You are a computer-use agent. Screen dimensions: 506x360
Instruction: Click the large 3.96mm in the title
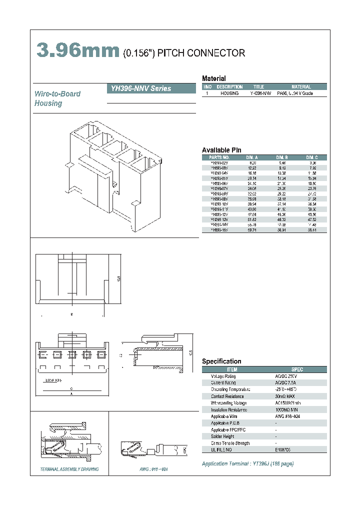(x=77, y=51)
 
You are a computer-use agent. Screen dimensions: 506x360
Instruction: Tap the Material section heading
(x=213, y=78)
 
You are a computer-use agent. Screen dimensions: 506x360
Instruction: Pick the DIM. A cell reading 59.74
(x=252, y=230)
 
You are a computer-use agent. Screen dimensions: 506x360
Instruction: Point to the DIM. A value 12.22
(x=252, y=168)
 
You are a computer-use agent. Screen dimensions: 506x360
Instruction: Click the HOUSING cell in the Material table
(x=229, y=93)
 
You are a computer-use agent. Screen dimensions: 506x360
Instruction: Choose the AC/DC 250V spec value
(x=285, y=376)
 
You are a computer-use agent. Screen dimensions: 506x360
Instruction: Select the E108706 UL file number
(x=283, y=450)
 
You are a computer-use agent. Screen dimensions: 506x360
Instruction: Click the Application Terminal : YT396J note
(x=247, y=464)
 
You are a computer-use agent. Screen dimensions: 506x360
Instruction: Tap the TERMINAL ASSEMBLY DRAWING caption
(x=69, y=469)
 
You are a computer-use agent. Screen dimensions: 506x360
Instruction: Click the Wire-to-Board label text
(x=57, y=94)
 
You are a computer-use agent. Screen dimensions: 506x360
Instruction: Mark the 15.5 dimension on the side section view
(x=190, y=352)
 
